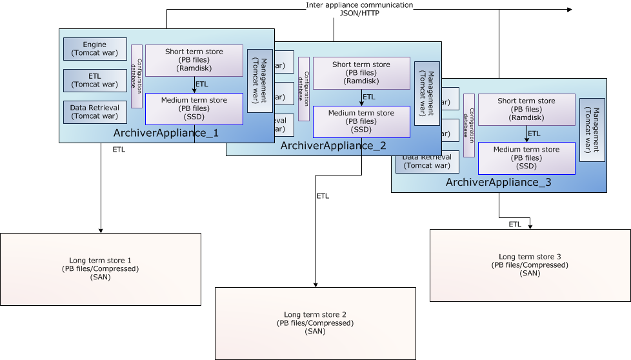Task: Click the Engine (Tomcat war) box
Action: click(x=95, y=48)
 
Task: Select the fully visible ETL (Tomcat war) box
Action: click(x=95, y=81)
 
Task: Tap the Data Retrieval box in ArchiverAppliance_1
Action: click(x=95, y=112)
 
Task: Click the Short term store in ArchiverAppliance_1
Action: click(x=194, y=61)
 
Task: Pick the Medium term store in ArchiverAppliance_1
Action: click(x=194, y=109)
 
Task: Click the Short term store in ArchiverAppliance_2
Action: click(x=361, y=73)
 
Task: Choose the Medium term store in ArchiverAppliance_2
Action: click(x=361, y=122)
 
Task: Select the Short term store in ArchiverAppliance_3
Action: click(x=526, y=109)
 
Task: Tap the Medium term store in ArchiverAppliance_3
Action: click(x=526, y=158)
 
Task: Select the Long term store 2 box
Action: click(x=315, y=323)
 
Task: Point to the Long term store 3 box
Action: click(x=530, y=265)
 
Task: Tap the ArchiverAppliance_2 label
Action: click(x=333, y=146)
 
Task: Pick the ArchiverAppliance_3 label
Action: click(x=499, y=183)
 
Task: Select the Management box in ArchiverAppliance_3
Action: click(x=592, y=130)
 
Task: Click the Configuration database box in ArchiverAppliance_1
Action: click(x=136, y=76)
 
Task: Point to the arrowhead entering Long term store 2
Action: click(x=315, y=285)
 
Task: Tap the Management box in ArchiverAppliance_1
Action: click(x=260, y=81)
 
